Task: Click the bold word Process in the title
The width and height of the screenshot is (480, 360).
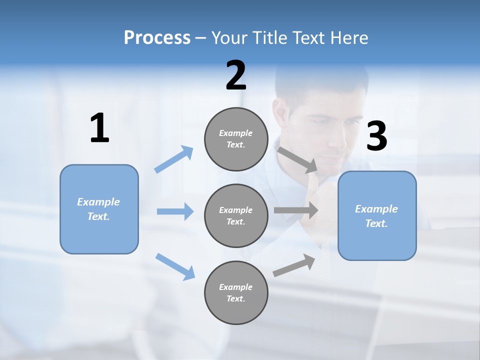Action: pyautogui.click(x=157, y=38)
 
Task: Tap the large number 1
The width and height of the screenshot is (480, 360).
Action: pyautogui.click(x=99, y=128)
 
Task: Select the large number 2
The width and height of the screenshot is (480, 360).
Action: pyautogui.click(x=236, y=75)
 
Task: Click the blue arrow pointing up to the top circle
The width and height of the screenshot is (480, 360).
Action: pyautogui.click(x=174, y=159)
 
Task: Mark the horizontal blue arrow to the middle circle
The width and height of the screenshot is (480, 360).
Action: pyautogui.click(x=175, y=211)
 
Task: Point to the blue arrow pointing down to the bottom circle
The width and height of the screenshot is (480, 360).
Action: pyautogui.click(x=175, y=266)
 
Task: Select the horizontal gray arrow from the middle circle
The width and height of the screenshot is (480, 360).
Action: pyautogui.click(x=296, y=210)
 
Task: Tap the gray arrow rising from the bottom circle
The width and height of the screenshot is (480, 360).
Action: pyautogui.click(x=294, y=265)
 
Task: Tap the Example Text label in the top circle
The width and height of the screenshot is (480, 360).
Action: pyautogui.click(x=236, y=139)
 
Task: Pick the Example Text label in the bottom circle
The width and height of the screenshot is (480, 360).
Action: pyautogui.click(x=236, y=293)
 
